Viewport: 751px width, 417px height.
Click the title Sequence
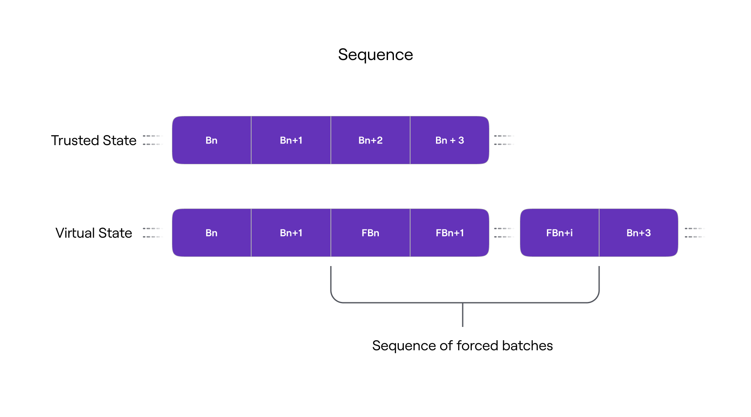(x=375, y=55)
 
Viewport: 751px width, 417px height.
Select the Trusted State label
(x=93, y=141)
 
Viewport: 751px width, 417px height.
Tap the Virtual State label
(x=93, y=233)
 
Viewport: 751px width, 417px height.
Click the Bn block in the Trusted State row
(x=212, y=141)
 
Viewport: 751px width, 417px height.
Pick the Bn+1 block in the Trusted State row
(x=291, y=141)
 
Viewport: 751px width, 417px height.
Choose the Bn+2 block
(x=370, y=141)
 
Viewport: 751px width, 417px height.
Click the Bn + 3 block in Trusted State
(x=449, y=141)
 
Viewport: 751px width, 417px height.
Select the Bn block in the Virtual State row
(x=212, y=233)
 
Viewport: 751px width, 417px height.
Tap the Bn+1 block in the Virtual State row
(x=291, y=233)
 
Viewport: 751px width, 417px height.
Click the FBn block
(x=370, y=233)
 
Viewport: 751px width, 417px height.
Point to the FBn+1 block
(x=449, y=233)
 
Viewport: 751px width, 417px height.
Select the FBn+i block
(x=559, y=233)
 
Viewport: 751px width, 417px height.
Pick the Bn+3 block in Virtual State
(x=638, y=233)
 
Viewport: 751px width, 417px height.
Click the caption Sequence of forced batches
(x=462, y=346)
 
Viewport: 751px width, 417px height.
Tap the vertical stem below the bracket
(x=463, y=315)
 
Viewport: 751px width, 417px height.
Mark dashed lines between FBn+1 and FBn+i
(x=504, y=233)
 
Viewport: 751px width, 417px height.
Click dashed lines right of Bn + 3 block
(x=504, y=140)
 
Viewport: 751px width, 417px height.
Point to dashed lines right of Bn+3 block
(x=694, y=233)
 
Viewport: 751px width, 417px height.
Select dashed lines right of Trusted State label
(x=152, y=140)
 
